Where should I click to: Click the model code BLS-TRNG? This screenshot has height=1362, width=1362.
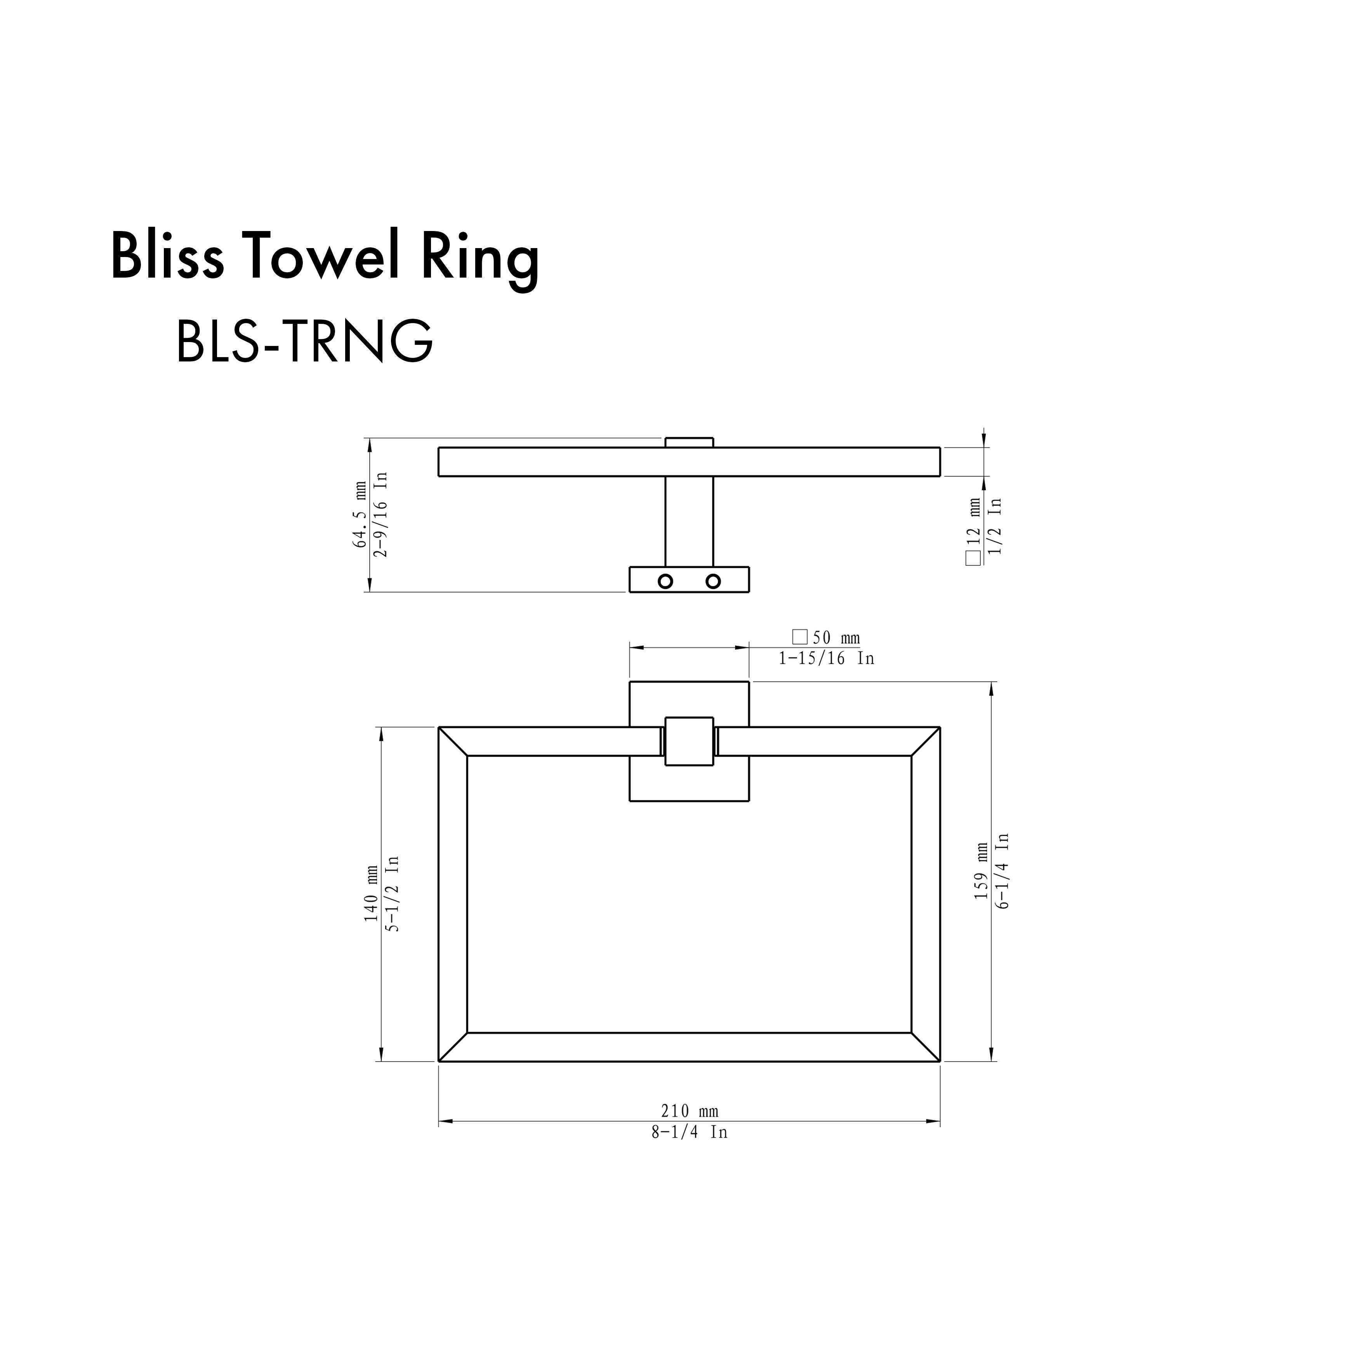(x=304, y=341)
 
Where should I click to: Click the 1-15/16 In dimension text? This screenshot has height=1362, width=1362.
(x=826, y=658)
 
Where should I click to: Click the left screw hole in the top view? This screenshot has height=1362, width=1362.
(x=665, y=582)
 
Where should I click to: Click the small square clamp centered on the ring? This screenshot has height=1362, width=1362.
(x=689, y=741)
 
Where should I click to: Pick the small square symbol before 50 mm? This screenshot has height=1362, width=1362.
(x=799, y=637)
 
